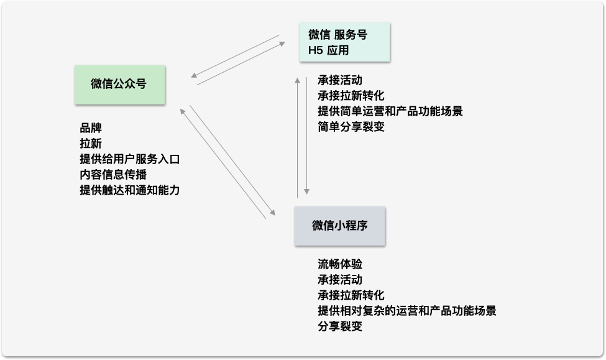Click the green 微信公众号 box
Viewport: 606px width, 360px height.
(x=119, y=85)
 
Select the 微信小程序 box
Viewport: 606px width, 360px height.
(x=339, y=226)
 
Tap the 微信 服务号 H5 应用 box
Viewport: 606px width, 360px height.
(x=344, y=42)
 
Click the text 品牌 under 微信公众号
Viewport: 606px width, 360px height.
(x=91, y=128)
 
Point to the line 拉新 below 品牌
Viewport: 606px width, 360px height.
(x=91, y=144)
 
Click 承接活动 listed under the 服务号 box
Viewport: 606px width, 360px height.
(x=339, y=80)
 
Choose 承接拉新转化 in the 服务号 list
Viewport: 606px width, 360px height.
(x=351, y=96)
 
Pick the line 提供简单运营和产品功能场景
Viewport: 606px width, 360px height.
(x=390, y=111)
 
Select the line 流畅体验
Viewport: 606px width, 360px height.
(x=339, y=264)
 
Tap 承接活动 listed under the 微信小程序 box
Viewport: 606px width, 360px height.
(x=339, y=280)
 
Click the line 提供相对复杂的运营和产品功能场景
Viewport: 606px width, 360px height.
(x=406, y=311)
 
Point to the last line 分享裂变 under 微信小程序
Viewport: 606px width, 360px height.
(x=339, y=326)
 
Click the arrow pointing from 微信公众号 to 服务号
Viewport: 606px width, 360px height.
(x=241, y=64)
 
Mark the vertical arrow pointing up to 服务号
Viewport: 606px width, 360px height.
(x=297, y=137)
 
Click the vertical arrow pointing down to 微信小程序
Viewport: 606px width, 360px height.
(x=306, y=137)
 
